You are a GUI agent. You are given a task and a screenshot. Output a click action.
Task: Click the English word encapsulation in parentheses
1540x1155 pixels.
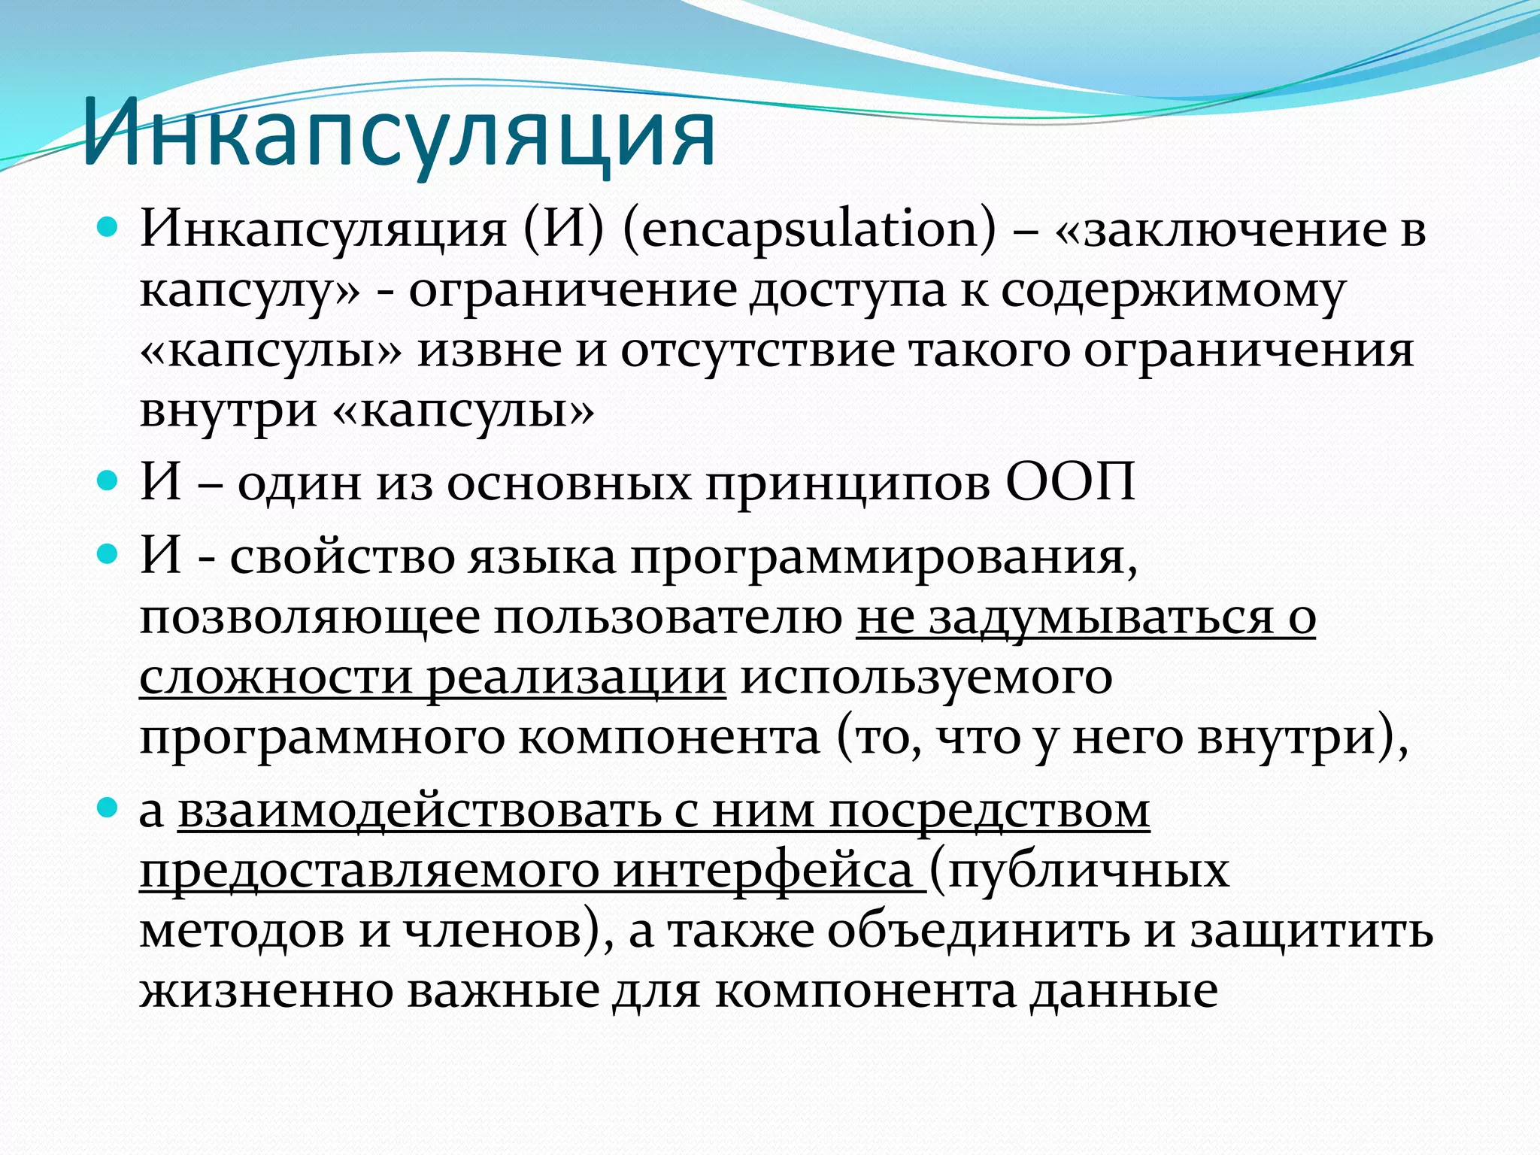809,230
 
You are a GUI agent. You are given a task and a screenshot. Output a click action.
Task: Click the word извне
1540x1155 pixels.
490,352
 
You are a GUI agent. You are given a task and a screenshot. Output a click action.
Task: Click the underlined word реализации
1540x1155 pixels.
576,679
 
